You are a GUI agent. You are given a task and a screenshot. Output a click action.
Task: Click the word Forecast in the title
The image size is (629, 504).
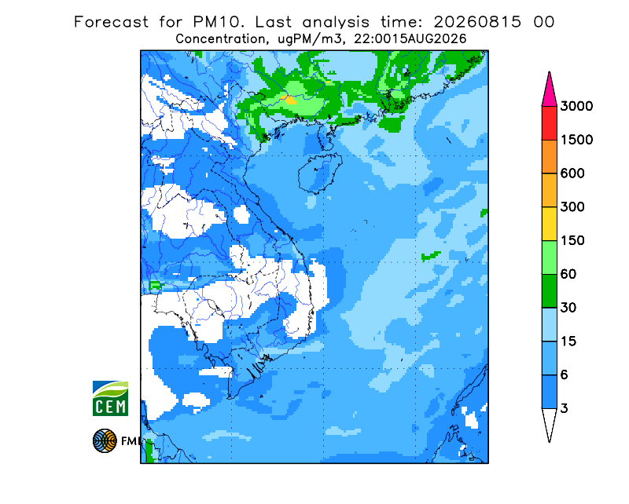coord(111,22)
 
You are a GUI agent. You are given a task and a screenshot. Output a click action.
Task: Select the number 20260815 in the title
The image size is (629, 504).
coord(477,22)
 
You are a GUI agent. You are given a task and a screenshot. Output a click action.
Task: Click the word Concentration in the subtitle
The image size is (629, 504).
coord(221,39)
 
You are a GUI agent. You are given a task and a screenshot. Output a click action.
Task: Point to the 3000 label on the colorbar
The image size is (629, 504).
coord(576,106)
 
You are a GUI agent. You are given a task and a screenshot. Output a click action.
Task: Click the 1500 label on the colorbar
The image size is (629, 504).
coord(576,140)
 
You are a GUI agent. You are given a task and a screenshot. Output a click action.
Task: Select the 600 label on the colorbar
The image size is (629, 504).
coord(572,173)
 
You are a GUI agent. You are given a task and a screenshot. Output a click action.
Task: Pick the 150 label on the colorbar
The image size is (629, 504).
coord(572,240)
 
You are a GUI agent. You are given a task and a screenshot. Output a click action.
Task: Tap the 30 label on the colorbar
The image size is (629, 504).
coord(568,308)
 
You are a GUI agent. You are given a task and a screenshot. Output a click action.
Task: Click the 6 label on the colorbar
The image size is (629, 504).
coord(565,375)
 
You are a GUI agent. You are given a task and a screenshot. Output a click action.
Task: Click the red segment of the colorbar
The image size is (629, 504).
coord(549,123)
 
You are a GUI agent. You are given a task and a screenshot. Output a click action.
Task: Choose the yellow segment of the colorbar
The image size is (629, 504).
coord(549,224)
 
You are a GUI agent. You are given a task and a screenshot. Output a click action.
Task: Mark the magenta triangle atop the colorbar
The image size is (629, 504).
coord(549,93)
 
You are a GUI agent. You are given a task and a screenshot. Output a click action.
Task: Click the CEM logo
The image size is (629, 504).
coord(110,398)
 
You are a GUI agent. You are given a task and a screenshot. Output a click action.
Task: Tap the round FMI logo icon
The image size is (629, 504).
coord(105,440)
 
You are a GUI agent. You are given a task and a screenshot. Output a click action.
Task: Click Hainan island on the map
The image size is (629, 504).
coord(320,173)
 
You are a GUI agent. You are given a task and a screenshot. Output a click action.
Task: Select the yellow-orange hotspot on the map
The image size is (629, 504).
coord(289,100)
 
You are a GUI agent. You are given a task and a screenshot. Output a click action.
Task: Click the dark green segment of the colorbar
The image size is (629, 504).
coord(549,291)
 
